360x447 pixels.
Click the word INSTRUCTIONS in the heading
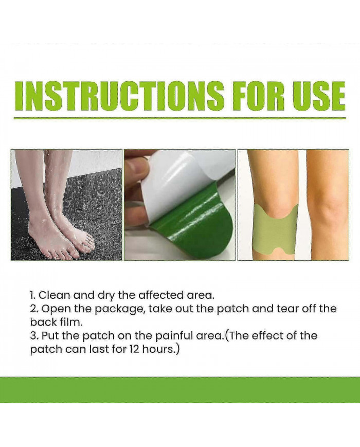pos(119,96)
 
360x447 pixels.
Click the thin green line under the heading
pos(180,118)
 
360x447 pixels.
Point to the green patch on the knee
pos(275,231)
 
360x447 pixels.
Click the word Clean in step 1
pos(54,295)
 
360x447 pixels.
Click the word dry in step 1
pos(106,296)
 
